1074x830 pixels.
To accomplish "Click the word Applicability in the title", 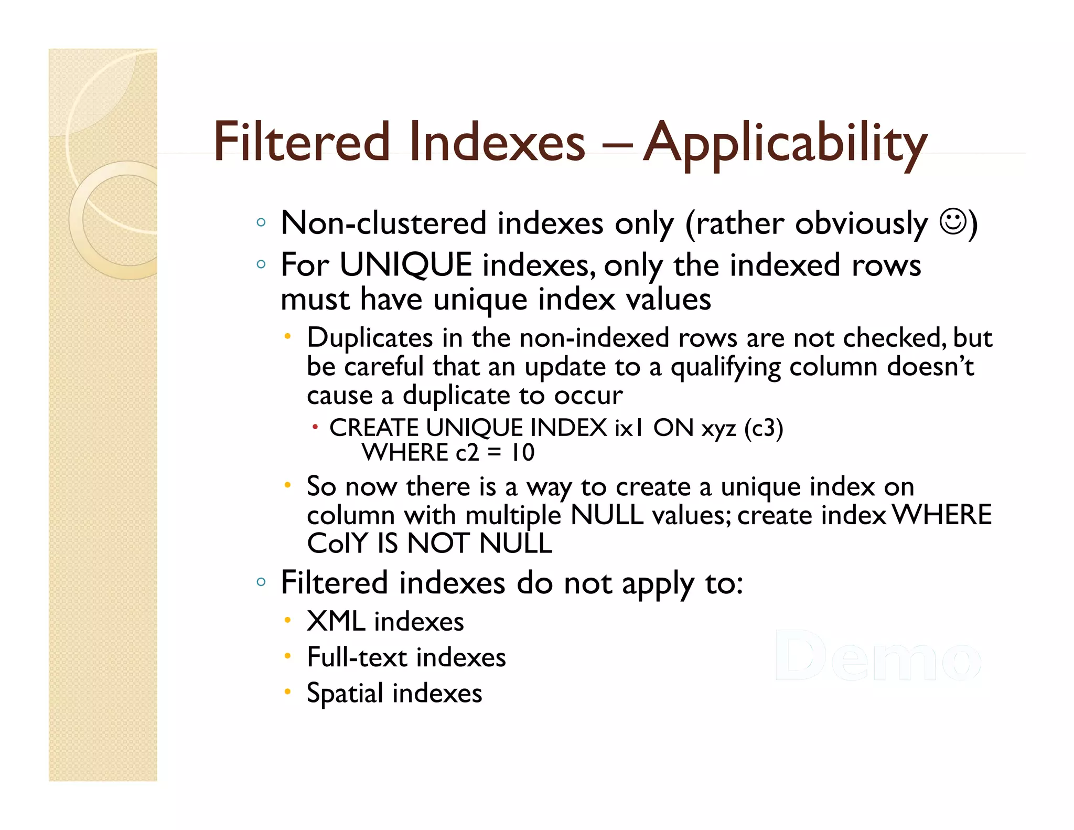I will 785,143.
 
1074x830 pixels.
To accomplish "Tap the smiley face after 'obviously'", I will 952,222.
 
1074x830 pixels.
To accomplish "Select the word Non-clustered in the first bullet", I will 384,223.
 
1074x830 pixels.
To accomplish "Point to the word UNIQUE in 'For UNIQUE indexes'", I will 405,264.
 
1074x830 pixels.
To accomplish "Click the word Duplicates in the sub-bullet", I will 370,337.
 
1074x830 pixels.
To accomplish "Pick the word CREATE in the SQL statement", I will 373,428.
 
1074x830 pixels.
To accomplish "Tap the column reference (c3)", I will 763,428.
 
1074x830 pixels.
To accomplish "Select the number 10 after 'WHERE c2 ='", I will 522,452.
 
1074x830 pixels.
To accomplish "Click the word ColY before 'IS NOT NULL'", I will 337,543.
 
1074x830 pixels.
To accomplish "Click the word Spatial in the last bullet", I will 345,693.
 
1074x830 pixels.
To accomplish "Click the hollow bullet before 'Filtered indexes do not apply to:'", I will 261,581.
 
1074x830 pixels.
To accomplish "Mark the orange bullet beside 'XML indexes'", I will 287,621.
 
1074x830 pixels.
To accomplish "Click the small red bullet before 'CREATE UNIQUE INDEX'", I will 315,427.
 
